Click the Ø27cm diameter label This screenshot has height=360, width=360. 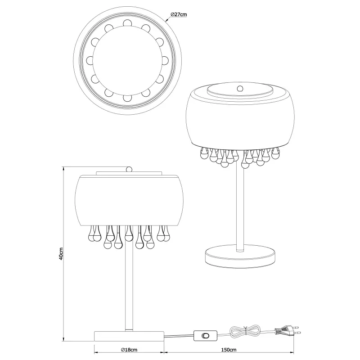(179, 14)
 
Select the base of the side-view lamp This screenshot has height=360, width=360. (129, 336)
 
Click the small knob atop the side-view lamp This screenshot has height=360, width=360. (129, 169)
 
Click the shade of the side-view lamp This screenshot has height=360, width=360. (129, 198)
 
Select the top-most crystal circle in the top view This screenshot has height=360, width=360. (126, 22)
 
